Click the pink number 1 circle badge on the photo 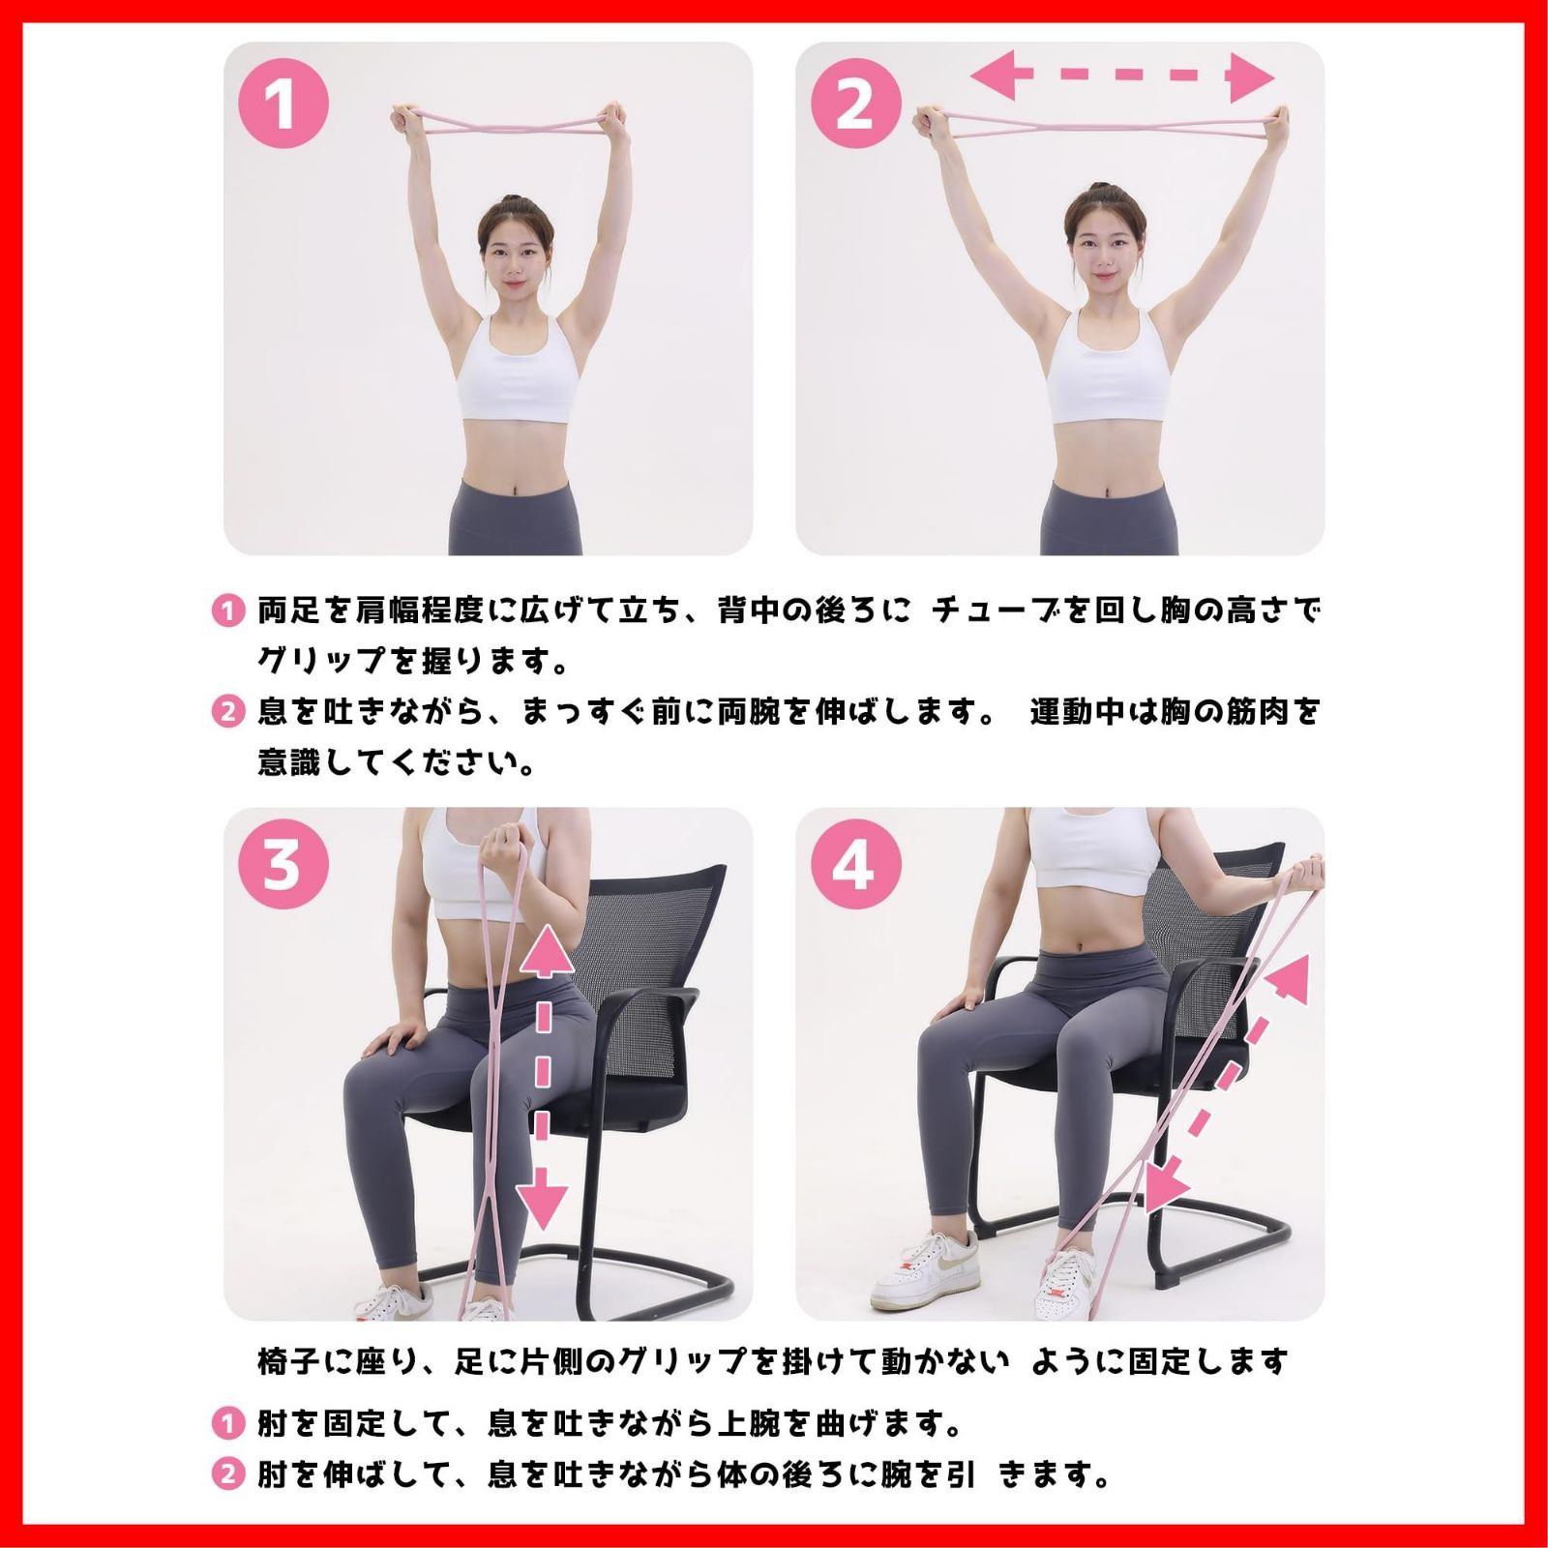(x=283, y=103)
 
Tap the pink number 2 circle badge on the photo (x=855, y=103)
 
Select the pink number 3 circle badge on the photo (x=283, y=863)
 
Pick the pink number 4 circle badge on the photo (x=855, y=863)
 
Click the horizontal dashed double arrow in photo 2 (x=1122, y=75)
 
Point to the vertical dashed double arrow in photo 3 (x=543, y=1075)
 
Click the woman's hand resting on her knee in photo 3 (x=392, y=1041)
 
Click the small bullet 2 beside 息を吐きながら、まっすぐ (x=227, y=713)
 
